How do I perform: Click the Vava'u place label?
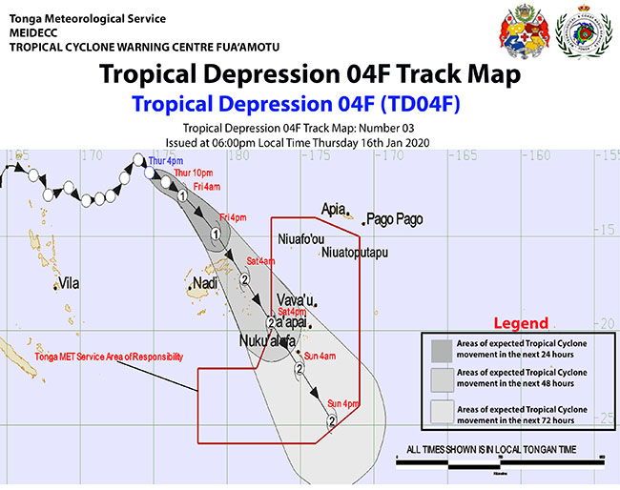coord(296,299)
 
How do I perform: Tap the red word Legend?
coord(520,323)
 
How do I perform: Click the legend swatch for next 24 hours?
coord(442,349)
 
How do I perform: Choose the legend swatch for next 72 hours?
coord(442,413)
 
